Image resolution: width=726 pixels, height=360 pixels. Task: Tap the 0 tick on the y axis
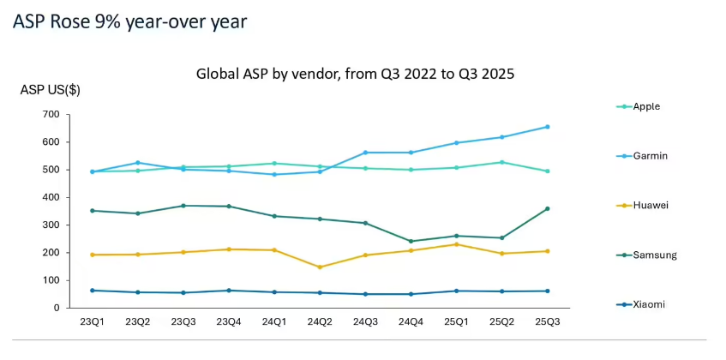[x=55, y=308]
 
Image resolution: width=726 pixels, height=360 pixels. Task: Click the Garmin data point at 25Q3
[x=547, y=127]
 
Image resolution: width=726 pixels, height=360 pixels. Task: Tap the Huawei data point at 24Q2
[x=320, y=267]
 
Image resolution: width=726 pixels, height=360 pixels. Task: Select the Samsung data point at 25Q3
[x=547, y=208]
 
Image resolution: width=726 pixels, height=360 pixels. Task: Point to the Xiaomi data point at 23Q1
[x=93, y=291]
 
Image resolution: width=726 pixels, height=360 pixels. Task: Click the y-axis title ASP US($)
[x=51, y=91]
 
